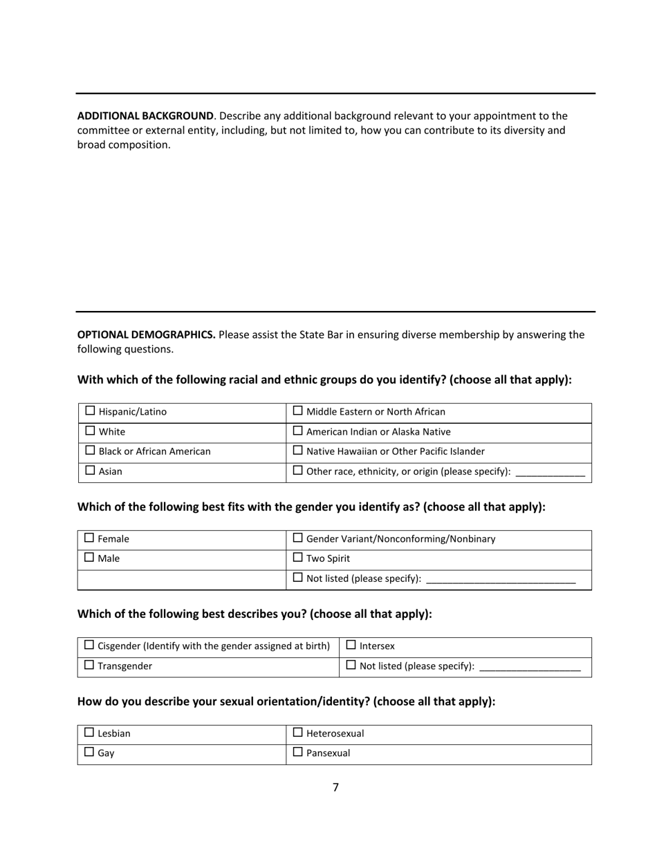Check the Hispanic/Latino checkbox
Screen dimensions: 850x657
90,411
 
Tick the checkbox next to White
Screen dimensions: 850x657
90,431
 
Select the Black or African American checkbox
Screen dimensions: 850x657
90,451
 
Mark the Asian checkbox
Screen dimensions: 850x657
90,471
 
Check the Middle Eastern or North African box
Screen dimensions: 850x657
298,411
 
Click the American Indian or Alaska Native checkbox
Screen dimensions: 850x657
298,431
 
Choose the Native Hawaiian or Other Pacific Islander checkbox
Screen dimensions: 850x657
298,451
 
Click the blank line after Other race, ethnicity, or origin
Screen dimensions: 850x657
550,473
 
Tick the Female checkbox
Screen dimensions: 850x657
89,538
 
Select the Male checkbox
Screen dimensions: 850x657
89,558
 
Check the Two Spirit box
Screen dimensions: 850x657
298,558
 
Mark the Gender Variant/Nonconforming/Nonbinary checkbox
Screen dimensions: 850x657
298,538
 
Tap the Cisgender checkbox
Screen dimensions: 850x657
89,645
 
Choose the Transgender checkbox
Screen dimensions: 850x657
89,665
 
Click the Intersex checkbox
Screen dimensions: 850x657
351,645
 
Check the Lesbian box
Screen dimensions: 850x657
89,733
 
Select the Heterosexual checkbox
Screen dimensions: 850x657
298,733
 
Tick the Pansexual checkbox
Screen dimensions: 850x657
298,753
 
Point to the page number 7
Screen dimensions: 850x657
335,787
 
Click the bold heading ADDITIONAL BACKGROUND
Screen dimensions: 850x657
145,116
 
